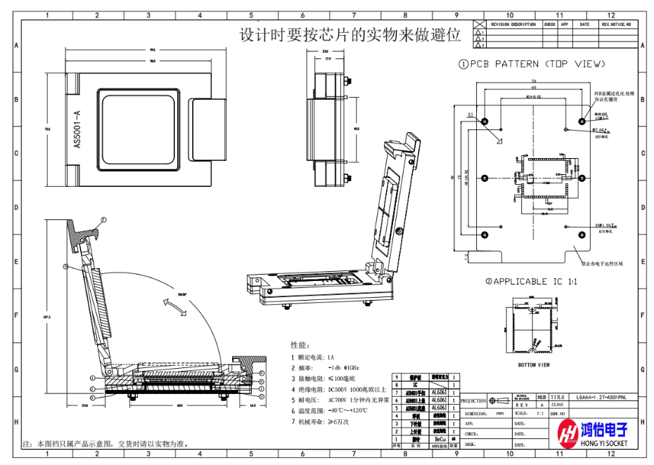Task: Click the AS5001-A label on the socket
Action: click(78, 129)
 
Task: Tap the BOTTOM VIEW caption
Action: click(534, 365)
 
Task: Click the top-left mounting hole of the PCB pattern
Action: click(485, 122)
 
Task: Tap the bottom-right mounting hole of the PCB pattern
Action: click(581, 234)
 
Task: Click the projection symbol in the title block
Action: click(494, 401)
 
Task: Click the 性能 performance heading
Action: click(300, 345)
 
